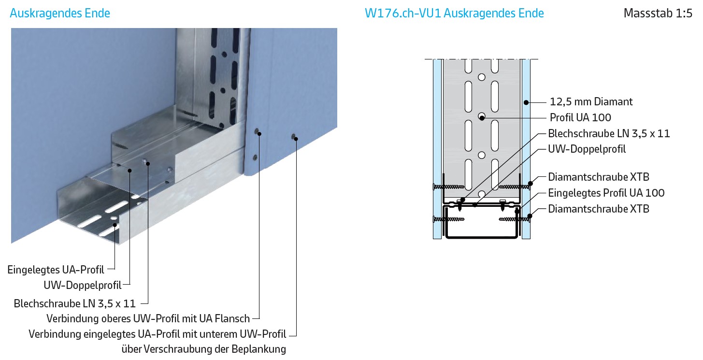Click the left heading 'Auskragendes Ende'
[60, 13]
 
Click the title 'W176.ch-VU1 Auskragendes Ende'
[454, 13]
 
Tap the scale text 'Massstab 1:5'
[658, 13]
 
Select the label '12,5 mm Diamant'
[591, 101]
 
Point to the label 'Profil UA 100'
[580, 118]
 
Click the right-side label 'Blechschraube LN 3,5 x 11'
[609, 134]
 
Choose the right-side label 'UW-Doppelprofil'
[587, 149]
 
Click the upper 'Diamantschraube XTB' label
[599, 177]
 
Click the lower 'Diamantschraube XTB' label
[599, 209]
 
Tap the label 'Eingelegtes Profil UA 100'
[606, 193]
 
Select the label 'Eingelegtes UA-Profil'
[56, 270]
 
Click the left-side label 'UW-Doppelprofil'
[82, 285]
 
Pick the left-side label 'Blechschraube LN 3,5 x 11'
[75, 304]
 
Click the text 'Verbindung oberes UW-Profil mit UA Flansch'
[148, 319]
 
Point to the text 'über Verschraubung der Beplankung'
[204, 349]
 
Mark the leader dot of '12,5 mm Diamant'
[526, 102]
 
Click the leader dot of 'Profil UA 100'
[482, 118]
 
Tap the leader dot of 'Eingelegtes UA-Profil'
[115, 225]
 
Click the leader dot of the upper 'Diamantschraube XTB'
[530, 184]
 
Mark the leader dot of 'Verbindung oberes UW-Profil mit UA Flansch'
[259, 134]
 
